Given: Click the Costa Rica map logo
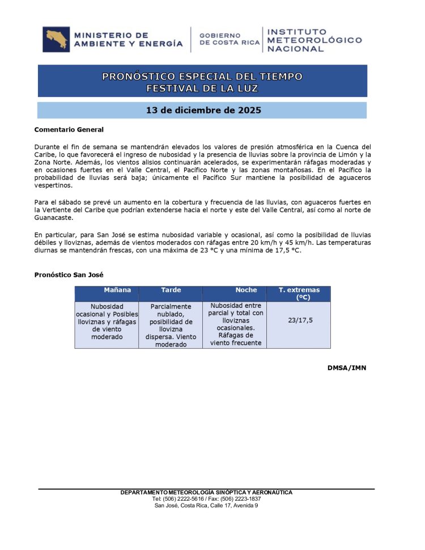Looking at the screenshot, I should [57, 39].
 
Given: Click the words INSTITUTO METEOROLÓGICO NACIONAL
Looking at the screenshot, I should [314, 40].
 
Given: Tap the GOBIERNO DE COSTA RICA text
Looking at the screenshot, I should [229, 39].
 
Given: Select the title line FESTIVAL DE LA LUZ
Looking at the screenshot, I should [202, 88].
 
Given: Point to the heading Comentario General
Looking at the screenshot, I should [69, 130].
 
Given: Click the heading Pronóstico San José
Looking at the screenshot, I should [69, 275].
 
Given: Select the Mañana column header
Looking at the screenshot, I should [117, 290].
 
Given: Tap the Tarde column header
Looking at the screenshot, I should [171, 290].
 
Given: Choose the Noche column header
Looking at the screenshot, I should [246, 290].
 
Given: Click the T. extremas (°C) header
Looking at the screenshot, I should [299, 293].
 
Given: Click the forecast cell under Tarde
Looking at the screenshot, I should [171, 325].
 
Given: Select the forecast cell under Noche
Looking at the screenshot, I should [235, 324].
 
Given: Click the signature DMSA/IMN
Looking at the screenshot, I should [346, 368].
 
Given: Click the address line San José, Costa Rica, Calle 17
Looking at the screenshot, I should [206, 505].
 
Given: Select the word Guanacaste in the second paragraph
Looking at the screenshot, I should [53, 218].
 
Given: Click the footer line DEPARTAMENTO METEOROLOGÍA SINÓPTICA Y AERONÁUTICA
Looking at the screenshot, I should [206, 492].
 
